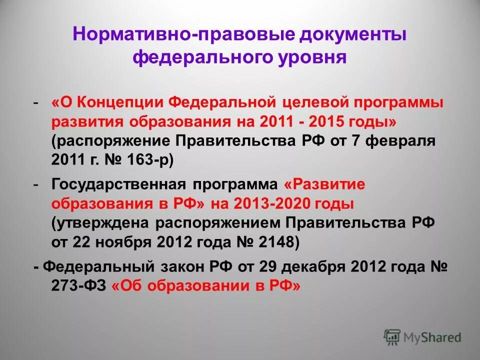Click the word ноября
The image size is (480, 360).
125,241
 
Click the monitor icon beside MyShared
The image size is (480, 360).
392,337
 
